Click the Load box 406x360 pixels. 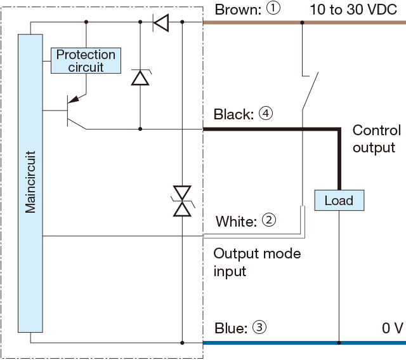coord(339,201)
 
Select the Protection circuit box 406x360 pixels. coord(86,60)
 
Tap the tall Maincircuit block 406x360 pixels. coord(30,183)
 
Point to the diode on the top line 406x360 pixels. coord(161,23)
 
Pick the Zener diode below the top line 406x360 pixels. coord(140,77)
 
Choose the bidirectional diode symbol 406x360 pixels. coord(183,201)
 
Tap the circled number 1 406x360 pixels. coord(273,10)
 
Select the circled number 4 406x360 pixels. coord(265,114)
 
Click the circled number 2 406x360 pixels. coord(268,221)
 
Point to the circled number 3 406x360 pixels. coord(259,328)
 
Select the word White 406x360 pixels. coord(236,222)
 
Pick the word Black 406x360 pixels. coord(233,115)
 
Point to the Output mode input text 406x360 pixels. coord(256,262)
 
